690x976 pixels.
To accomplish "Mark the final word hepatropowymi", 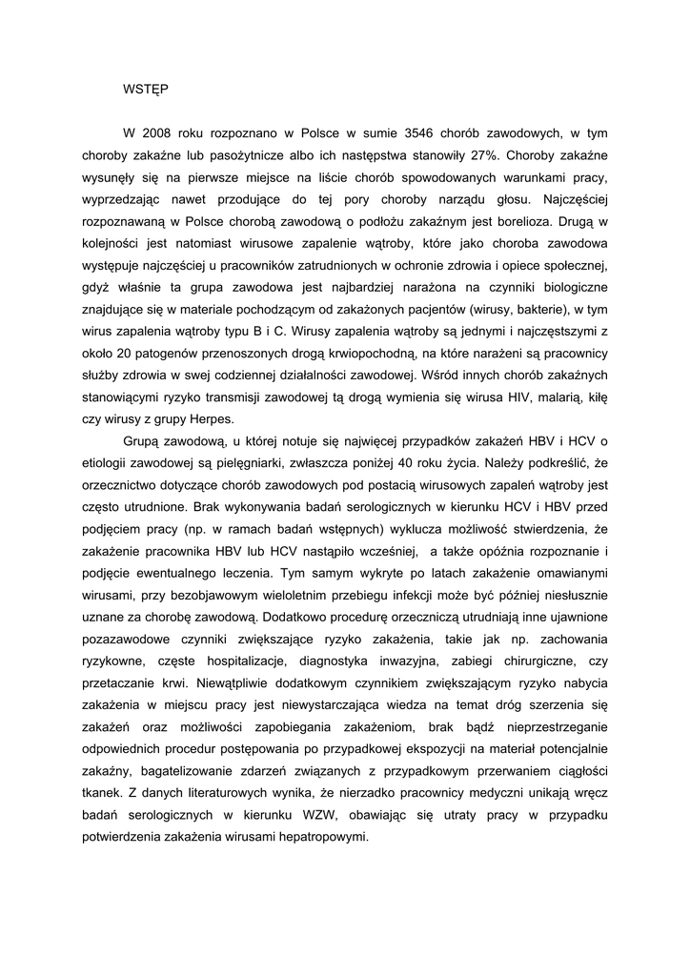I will point(321,837).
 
